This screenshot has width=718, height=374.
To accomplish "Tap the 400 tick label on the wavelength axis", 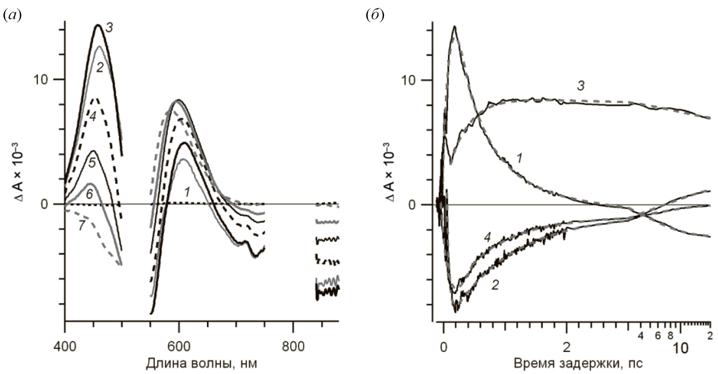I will point(65,347).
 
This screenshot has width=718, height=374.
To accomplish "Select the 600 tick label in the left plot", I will point(179,347).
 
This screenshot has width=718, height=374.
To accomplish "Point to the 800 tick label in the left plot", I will point(293,347).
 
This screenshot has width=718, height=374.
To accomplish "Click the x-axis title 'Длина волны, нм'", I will point(201,363).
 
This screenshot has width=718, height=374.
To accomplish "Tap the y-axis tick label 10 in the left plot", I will point(41,80).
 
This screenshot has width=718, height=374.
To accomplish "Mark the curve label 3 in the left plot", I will point(110,28).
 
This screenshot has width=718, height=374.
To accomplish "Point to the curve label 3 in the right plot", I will point(581,86).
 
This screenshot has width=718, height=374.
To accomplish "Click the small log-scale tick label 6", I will point(657,336).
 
